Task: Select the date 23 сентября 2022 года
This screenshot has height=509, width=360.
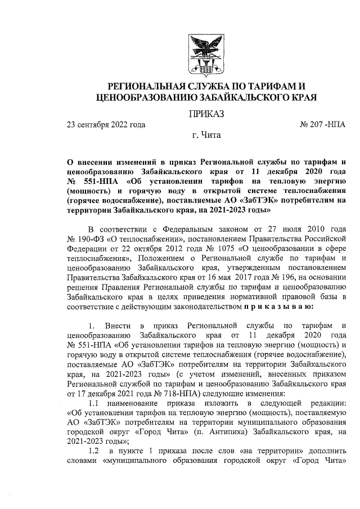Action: click(x=106, y=124)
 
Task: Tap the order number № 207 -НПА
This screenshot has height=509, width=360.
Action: click(x=324, y=124)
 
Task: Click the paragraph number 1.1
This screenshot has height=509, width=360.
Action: click(x=96, y=404)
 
